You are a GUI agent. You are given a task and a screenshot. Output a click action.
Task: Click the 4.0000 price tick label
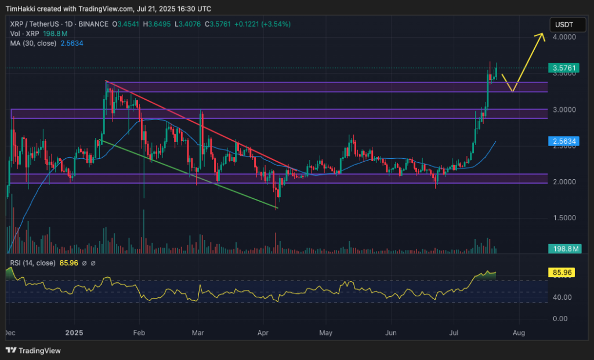[564, 37]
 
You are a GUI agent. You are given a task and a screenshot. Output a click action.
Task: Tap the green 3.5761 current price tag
[563, 68]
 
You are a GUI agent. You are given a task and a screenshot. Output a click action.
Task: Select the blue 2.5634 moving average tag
[563, 141]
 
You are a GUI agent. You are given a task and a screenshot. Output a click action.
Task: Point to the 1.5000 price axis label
[564, 218]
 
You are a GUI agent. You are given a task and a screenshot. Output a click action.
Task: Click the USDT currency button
[563, 24]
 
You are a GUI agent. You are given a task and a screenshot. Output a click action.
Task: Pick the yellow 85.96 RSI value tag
[561, 271]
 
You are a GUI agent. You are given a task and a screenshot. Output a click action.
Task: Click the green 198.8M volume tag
[563, 249]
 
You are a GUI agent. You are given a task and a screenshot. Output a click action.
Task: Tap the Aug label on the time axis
[519, 333]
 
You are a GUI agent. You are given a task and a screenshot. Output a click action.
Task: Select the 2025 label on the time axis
[75, 333]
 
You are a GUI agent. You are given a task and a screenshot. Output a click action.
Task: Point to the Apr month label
[263, 333]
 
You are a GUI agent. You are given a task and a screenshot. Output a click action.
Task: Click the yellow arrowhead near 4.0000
[542, 36]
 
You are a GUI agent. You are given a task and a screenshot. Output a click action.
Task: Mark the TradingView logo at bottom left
[33, 350]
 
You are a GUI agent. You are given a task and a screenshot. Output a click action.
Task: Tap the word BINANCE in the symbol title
[94, 24]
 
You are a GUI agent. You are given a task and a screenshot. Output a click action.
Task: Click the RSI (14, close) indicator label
[32, 263]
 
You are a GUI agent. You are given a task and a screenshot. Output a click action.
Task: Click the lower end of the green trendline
[278, 207]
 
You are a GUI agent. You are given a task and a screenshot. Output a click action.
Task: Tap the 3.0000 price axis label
[564, 110]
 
